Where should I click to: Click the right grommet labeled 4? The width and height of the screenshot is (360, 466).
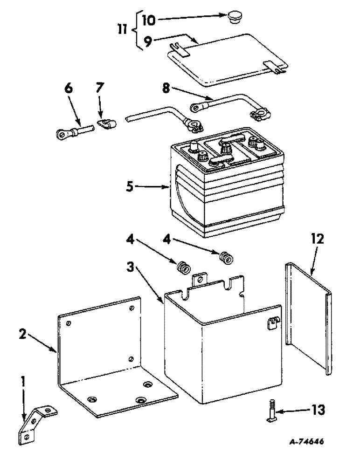tap(225, 257)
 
